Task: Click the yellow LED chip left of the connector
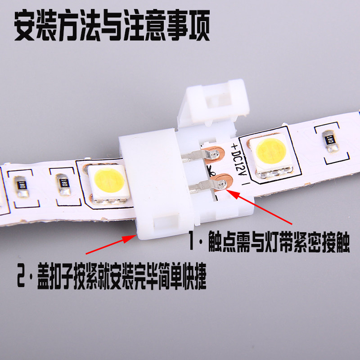tap(108, 184)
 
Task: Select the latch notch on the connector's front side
tap(166, 222)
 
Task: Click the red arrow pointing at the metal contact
tap(259, 207)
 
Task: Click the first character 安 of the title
tap(25, 25)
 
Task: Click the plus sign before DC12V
tap(234, 146)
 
